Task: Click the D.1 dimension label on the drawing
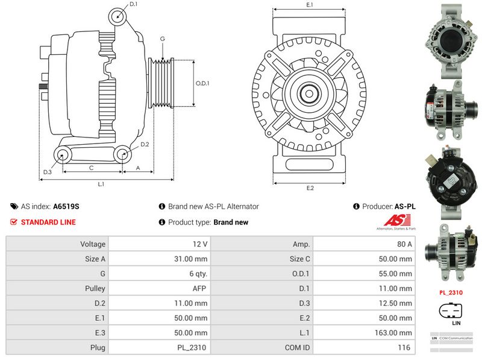click(133, 4)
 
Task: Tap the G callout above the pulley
click(162, 39)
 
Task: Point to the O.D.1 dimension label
click(202, 83)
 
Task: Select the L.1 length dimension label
click(101, 184)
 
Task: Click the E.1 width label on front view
click(310, 5)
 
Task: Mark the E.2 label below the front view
click(310, 188)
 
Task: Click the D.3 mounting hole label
click(47, 172)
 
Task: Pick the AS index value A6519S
click(66, 206)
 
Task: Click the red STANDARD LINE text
click(48, 222)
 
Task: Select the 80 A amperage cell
click(365, 244)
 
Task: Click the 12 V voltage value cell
click(160, 244)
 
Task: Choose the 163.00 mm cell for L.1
click(365, 333)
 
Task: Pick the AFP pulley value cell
click(160, 289)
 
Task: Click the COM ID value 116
click(365, 347)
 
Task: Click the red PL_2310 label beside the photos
click(451, 292)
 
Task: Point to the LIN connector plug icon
click(452, 311)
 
